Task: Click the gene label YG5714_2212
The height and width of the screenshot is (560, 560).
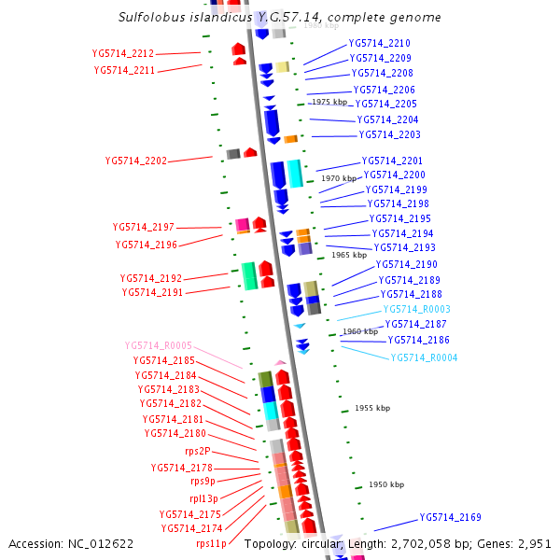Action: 123,54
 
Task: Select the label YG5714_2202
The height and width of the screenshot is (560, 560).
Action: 136,161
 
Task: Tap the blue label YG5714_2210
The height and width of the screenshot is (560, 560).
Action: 379,44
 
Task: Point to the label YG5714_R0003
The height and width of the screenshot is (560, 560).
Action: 416,309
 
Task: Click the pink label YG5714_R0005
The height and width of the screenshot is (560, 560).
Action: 159,345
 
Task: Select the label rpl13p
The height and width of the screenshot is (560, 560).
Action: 205,498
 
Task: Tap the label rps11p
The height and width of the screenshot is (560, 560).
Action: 211,543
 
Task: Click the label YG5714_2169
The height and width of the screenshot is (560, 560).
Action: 450,517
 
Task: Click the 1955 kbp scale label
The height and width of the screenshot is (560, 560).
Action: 372,409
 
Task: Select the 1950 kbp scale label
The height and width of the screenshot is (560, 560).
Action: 385,485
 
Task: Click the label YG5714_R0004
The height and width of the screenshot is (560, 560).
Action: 424,357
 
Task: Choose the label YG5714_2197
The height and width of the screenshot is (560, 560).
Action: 143,227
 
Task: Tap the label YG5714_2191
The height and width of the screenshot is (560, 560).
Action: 152,292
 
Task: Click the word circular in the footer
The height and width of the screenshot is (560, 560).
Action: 320,543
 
